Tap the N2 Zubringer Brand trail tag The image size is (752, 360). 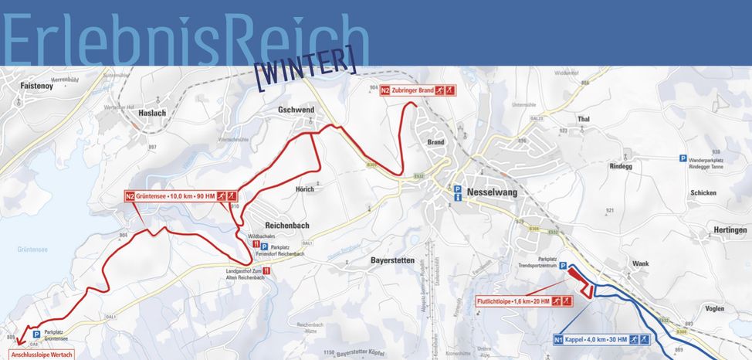[x=418, y=90]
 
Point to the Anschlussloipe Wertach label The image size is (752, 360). [x=42, y=355]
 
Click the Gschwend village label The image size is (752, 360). [x=296, y=110]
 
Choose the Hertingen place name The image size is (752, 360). [x=730, y=230]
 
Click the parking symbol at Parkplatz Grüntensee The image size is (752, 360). [x=36, y=335]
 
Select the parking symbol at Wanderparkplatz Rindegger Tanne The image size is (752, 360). [x=683, y=158]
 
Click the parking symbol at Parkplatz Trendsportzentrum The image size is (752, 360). [x=563, y=264]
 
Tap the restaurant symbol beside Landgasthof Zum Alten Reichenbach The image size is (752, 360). [x=266, y=271]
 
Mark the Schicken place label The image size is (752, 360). [x=703, y=192]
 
